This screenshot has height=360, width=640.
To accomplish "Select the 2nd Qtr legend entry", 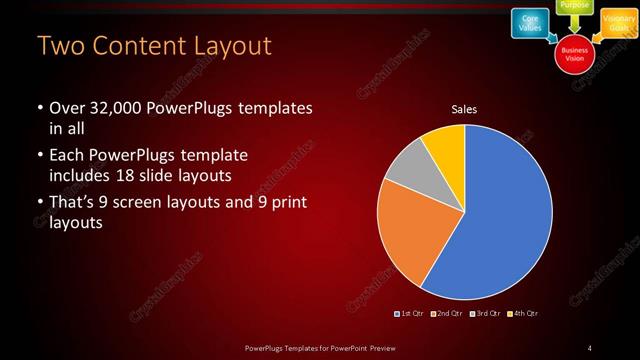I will tap(446, 313).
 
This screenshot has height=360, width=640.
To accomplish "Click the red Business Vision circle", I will tap(574, 53).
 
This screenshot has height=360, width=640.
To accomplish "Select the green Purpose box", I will tap(574, 6).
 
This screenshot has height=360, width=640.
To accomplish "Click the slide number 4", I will tap(591, 347).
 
